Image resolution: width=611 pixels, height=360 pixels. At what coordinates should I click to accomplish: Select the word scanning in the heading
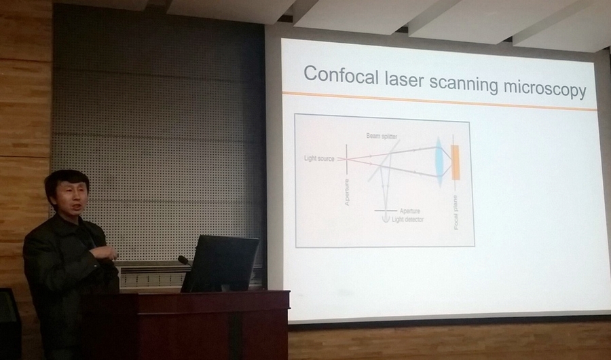click(x=466, y=82)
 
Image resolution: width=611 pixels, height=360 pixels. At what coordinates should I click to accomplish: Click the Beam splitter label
click(x=382, y=136)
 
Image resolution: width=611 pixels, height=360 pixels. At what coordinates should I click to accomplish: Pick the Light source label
click(x=319, y=159)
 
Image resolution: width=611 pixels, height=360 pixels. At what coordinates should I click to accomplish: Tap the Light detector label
click(x=407, y=219)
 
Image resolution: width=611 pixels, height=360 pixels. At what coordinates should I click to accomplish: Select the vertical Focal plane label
click(x=456, y=213)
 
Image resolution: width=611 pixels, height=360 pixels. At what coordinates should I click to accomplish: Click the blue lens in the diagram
click(x=439, y=162)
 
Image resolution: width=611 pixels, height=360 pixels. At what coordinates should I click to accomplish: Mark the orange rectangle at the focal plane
click(x=455, y=162)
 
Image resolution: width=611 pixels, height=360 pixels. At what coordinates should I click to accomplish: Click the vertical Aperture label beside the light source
click(x=347, y=192)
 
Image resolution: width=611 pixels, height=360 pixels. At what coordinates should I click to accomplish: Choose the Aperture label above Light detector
click(x=410, y=211)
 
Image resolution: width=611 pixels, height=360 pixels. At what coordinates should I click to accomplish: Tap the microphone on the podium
click(x=184, y=260)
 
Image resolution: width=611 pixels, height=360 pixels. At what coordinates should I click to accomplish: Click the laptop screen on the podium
click(x=221, y=264)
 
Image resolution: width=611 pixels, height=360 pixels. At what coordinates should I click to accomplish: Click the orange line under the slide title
click(x=439, y=101)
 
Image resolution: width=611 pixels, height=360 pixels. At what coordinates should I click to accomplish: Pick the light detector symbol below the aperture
click(x=386, y=219)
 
